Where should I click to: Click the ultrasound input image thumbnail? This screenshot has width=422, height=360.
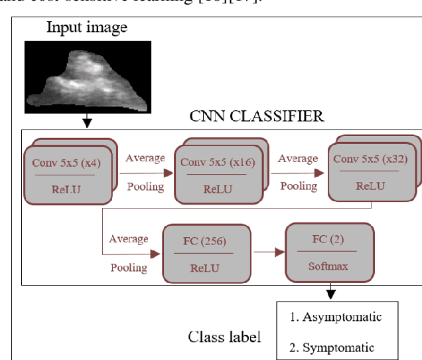pyautogui.click(x=88, y=76)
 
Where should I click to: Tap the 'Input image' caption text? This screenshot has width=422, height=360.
pyautogui.click(x=86, y=28)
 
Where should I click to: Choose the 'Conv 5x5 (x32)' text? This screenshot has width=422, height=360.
pyautogui.click(x=370, y=159)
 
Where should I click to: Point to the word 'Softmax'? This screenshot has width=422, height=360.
pyautogui.click(x=328, y=266)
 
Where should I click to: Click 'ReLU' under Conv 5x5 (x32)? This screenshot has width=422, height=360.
pyautogui.click(x=370, y=186)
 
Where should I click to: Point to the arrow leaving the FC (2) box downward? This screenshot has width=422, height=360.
pyautogui.click(x=330, y=292)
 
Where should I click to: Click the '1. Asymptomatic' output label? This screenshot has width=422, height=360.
pyautogui.click(x=336, y=317)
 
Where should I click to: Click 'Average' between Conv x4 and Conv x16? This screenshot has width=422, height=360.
pyautogui.click(x=145, y=158)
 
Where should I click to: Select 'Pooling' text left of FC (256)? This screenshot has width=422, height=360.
pyautogui.click(x=128, y=267)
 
